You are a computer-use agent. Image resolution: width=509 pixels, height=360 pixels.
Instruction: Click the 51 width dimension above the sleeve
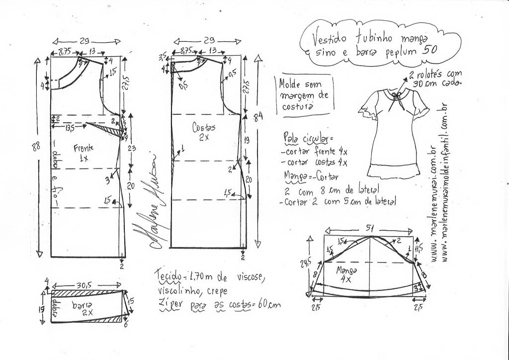coord(370,228)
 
